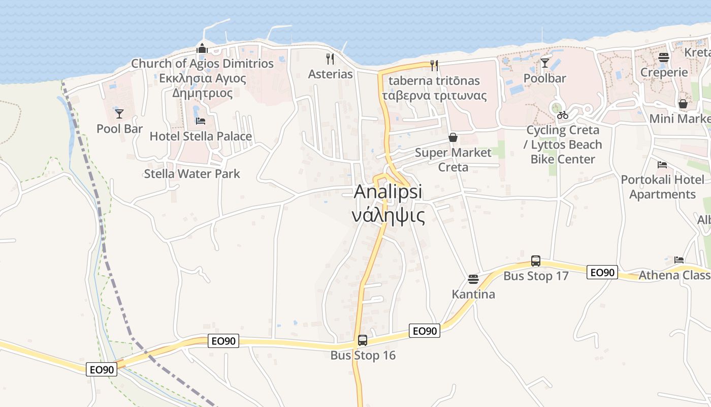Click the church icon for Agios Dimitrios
coord(202,49)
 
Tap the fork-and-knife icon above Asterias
coord(330,59)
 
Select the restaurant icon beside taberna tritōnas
coord(434,65)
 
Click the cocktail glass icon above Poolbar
coord(545,63)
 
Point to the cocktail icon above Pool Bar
coord(119,113)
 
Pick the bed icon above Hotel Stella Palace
coord(201,121)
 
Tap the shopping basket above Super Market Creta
coord(453,137)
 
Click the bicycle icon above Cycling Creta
coord(562,115)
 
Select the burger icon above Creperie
coord(664,57)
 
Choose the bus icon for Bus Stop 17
coord(535,261)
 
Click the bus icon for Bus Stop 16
coord(362,340)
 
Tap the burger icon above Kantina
coord(473,279)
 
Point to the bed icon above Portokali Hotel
coord(662,164)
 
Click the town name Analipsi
coord(388,192)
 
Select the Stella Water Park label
coord(192,173)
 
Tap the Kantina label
coord(473,294)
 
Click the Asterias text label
coord(330,74)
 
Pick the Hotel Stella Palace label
coord(201,136)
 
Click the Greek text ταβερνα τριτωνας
coord(434,96)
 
